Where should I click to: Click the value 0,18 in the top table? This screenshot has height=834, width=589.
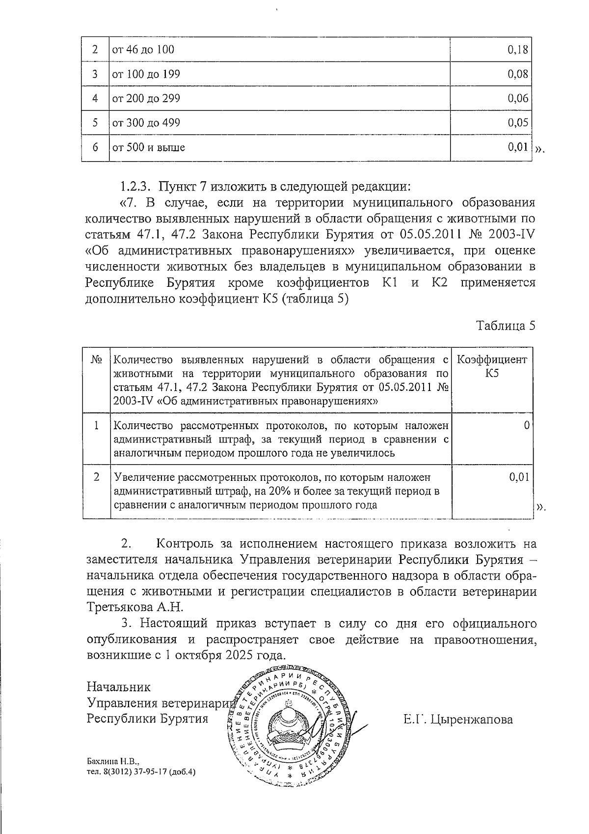pyautogui.click(x=518, y=50)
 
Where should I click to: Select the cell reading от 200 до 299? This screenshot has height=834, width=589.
pyautogui.click(x=146, y=99)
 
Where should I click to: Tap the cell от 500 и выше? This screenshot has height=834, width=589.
pyautogui.click(x=149, y=147)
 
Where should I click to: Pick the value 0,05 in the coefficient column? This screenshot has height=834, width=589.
pyautogui.click(x=518, y=123)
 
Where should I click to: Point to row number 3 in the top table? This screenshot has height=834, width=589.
pyautogui.click(x=95, y=75)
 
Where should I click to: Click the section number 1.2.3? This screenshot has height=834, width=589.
pyautogui.click(x=137, y=187)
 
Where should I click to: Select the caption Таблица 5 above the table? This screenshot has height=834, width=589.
pyautogui.click(x=506, y=326)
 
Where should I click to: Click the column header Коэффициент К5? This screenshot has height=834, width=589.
pyautogui.click(x=492, y=366)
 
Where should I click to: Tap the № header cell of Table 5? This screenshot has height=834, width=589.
pyautogui.click(x=97, y=360)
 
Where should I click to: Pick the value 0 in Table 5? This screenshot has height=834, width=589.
pyautogui.click(x=526, y=425)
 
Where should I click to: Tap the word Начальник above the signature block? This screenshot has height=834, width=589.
pyautogui.click(x=118, y=687)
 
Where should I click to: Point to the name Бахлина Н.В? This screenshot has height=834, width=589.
pyautogui.click(x=112, y=762)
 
